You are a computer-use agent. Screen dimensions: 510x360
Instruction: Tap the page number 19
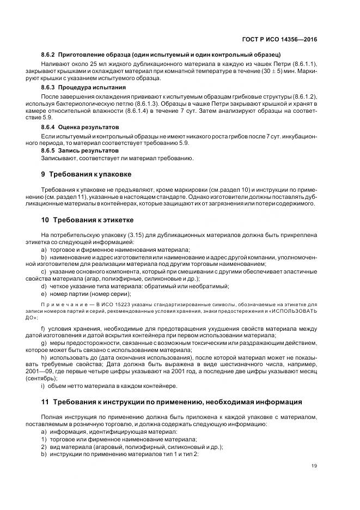314,466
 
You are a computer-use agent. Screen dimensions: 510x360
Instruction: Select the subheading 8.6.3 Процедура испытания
83,87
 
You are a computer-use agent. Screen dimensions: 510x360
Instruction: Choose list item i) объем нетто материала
109,386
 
